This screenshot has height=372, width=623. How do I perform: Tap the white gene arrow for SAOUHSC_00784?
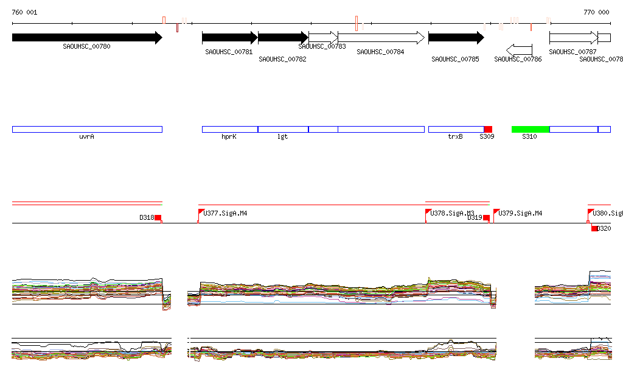click(x=381, y=38)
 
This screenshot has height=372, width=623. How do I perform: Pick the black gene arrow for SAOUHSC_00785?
click(x=456, y=38)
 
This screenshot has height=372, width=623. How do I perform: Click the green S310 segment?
click(x=530, y=129)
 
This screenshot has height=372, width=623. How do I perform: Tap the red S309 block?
click(x=488, y=129)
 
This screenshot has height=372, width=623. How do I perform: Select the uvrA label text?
click(x=86, y=137)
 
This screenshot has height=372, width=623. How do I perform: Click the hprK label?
click(x=229, y=137)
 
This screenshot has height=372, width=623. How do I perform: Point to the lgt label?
click(x=282, y=137)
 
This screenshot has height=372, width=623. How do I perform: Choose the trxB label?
click(x=455, y=137)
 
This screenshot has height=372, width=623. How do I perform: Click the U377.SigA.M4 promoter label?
click(x=226, y=214)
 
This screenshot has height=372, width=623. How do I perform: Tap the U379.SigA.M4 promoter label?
click(x=521, y=214)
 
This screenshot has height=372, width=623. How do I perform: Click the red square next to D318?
click(x=158, y=217)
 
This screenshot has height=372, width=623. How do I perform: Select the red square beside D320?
click(x=594, y=228)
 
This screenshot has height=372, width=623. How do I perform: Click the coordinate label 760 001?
click(x=24, y=12)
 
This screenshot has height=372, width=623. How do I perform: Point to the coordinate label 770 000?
click(x=596, y=12)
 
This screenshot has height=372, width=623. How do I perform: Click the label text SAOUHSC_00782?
click(x=282, y=60)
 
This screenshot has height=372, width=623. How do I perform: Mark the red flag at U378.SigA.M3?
click(x=428, y=211)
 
